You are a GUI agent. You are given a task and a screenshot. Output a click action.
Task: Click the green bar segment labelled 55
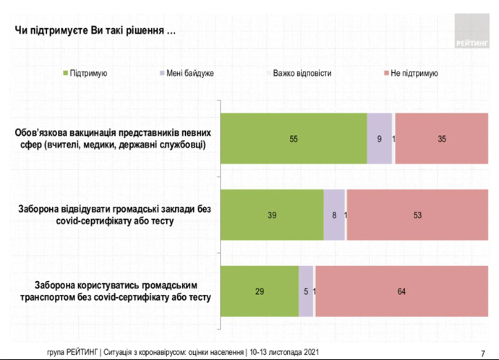294,138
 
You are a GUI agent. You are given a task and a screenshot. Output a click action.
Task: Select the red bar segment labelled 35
441,138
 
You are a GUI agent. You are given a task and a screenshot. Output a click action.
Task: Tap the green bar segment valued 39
271,214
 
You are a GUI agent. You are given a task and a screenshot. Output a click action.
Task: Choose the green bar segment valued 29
259,291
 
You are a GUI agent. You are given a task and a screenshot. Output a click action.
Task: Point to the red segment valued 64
401,291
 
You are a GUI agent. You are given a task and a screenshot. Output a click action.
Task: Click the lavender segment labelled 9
379,138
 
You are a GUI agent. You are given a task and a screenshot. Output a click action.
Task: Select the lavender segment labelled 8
333,214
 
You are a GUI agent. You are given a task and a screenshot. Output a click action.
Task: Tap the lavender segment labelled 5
306,291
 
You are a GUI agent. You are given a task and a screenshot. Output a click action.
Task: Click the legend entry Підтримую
85,73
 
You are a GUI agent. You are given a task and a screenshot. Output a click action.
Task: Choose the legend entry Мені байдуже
185,73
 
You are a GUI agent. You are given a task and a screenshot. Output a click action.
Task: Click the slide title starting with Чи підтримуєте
95,32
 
